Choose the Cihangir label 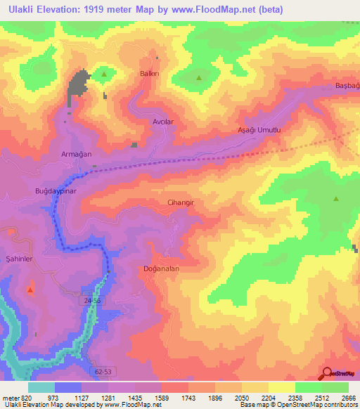180,202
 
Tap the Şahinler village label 20,259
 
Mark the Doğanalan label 161,268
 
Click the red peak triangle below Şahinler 30,289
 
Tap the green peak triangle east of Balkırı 198,78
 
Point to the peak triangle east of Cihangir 336,199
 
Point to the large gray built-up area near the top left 78,87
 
